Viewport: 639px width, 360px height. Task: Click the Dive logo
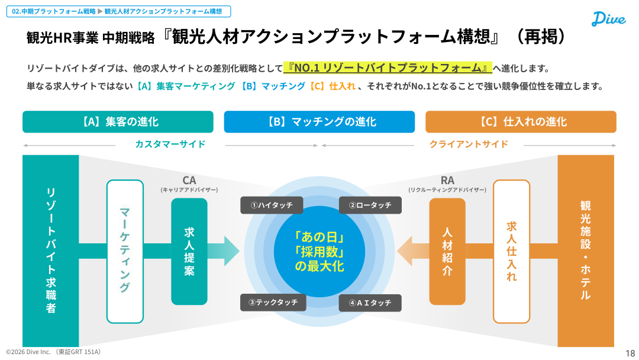point(608,19)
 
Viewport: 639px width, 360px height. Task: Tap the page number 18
point(630,353)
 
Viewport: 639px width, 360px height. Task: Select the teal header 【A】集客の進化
point(118,122)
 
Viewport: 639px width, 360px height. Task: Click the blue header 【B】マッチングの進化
point(319,122)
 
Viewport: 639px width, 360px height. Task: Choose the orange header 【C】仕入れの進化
point(521,122)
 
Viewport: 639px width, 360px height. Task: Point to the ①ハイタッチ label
point(272,205)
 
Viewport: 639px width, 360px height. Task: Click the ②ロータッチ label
point(370,205)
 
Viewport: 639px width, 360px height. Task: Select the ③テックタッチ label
point(272,303)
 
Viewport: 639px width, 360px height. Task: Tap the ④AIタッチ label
point(370,303)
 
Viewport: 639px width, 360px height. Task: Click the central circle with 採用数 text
point(319,252)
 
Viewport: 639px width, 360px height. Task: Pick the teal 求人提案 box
point(189,252)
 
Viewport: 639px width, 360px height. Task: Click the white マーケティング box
point(125,252)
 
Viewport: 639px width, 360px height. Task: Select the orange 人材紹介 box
point(447,252)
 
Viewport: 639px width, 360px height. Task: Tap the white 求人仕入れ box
point(511,252)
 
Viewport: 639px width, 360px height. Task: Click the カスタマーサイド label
point(170,144)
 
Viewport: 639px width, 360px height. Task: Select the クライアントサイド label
point(469,144)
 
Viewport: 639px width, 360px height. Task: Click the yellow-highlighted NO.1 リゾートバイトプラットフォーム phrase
point(388,67)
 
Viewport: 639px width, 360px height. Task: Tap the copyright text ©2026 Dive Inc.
point(54,352)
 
